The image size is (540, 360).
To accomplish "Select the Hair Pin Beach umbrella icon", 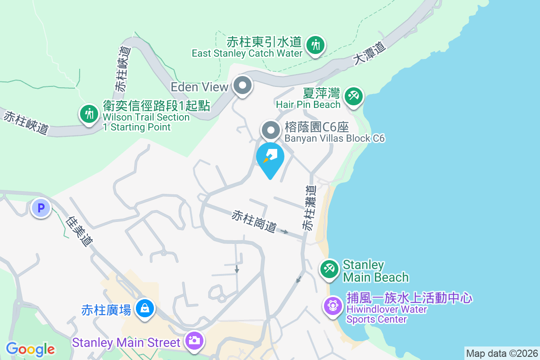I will [x=354, y=96].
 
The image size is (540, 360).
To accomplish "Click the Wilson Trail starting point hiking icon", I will [x=89, y=114].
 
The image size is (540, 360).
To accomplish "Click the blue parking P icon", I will [x=41, y=208].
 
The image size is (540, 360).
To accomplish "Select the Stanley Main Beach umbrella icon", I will [x=329, y=270].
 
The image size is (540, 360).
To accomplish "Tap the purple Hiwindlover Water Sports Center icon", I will [x=333, y=306].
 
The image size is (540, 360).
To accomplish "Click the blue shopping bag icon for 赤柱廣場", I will [x=144, y=309].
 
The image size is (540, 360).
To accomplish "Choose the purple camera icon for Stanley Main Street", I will [x=194, y=341].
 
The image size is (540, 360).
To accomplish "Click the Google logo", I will [x=31, y=349].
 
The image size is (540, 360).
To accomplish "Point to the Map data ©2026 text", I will [x=502, y=353].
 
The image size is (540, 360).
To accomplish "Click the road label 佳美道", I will [x=79, y=231].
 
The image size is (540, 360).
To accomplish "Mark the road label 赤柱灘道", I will [x=309, y=208].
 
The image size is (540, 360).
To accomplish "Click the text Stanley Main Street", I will [x=126, y=342].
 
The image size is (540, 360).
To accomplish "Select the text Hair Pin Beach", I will [x=308, y=104].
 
